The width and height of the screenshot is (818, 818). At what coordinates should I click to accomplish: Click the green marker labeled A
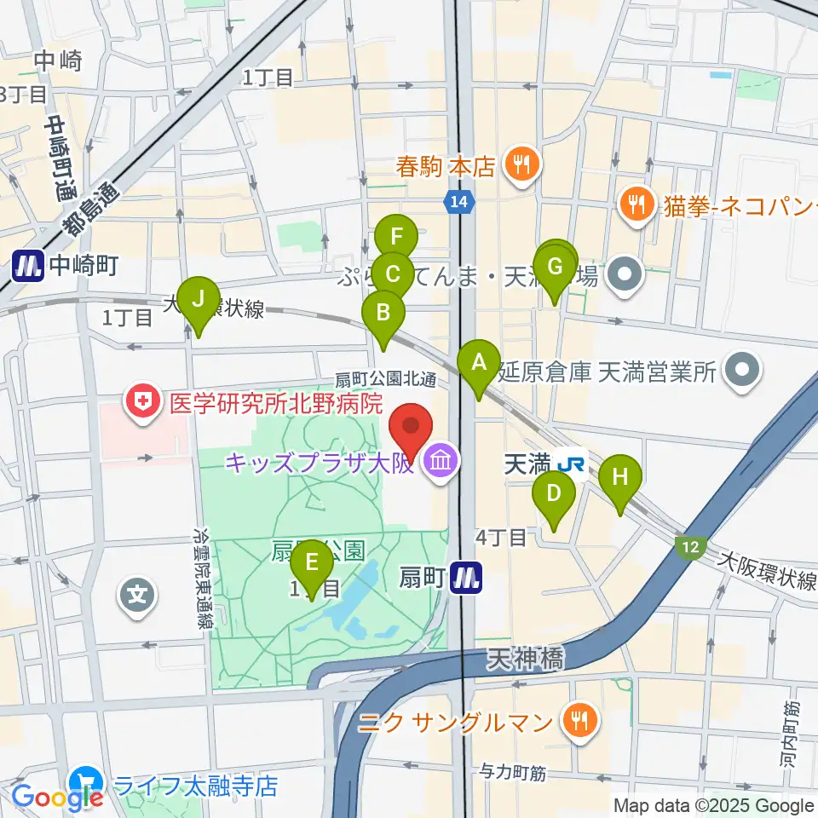479,364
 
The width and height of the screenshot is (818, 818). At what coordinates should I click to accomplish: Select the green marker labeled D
554,493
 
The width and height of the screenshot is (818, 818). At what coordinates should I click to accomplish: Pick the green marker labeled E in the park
312,563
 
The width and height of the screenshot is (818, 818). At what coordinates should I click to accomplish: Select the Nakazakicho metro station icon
29,267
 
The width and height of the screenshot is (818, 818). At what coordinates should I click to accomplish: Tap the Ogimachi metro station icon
467,579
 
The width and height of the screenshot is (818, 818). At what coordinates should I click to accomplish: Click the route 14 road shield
459,202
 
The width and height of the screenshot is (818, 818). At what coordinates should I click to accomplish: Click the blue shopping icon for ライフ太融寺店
89,780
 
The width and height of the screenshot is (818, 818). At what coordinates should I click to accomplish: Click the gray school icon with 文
138,595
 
